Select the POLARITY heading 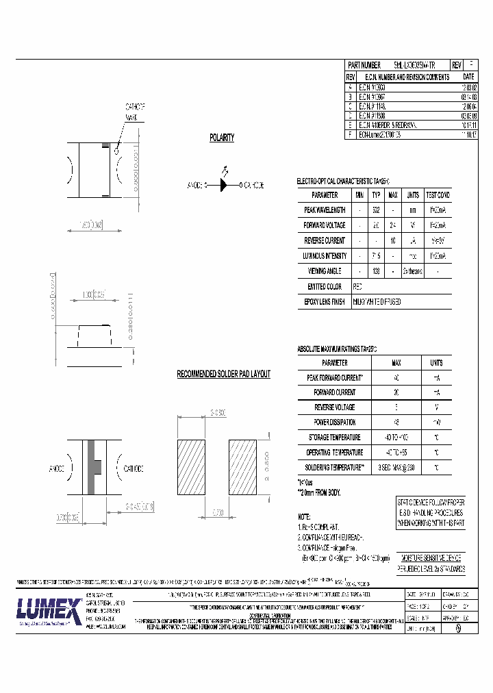pos(221,138)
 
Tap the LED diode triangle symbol pos(223,185)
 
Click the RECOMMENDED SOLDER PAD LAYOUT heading pos(223,374)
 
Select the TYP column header pos(376,194)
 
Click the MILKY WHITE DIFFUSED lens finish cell pos(378,301)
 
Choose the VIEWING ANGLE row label pos(324,270)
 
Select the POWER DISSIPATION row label pos(334,423)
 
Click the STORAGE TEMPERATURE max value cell pos(396,438)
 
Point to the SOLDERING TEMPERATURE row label pos(334,468)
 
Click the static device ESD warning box pos(430,512)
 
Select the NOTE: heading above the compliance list pos(305,516)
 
